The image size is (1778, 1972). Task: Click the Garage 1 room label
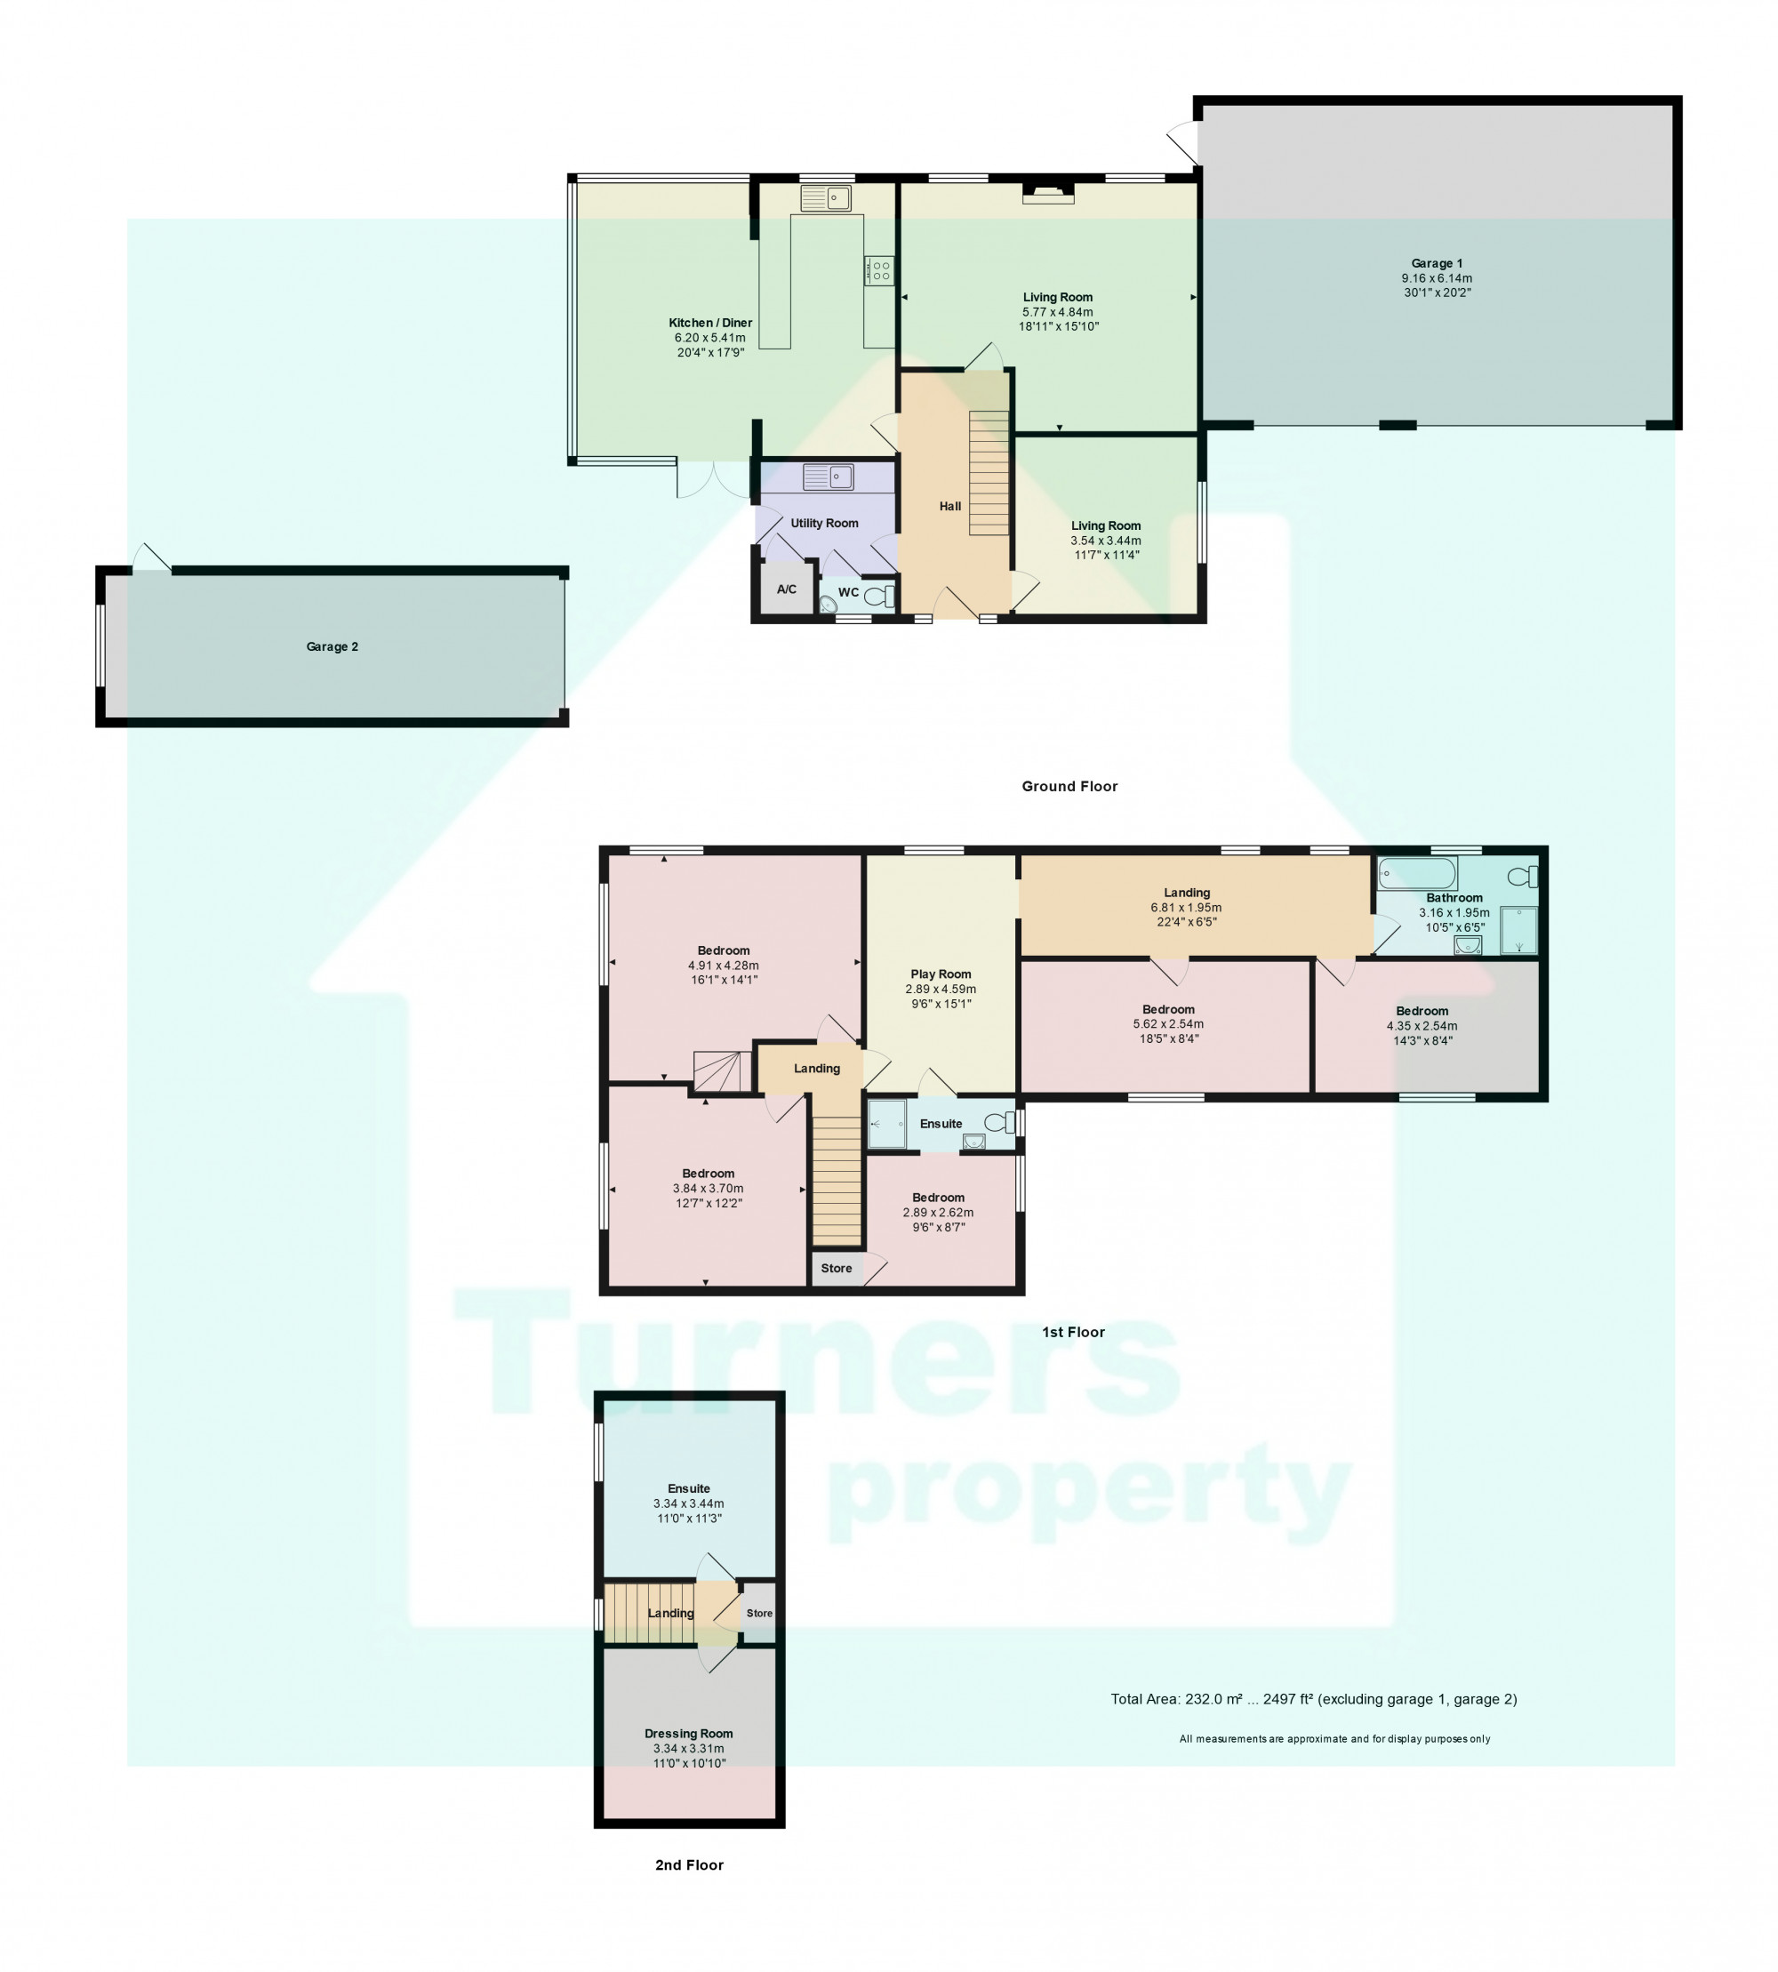1436,264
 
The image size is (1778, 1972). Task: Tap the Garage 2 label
332,647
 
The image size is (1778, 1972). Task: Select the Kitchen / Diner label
710,324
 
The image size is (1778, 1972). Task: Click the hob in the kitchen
878,269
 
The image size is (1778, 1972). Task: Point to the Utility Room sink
829,477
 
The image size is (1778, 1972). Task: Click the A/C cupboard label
787,589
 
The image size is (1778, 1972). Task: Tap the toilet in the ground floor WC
880,595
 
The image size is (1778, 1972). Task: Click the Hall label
949,506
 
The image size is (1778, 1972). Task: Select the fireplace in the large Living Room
1048,194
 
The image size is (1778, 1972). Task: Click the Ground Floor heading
1069,786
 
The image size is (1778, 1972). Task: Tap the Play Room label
941,974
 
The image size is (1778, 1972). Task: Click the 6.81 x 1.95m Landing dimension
1186,908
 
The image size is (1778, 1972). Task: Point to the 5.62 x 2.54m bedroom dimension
1168,1024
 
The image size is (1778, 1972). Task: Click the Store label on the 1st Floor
837,1269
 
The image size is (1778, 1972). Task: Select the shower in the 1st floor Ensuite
886,1124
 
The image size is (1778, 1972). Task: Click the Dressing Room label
689,1734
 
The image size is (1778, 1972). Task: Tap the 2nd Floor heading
689,1864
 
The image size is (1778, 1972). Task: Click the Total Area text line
1313,1699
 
